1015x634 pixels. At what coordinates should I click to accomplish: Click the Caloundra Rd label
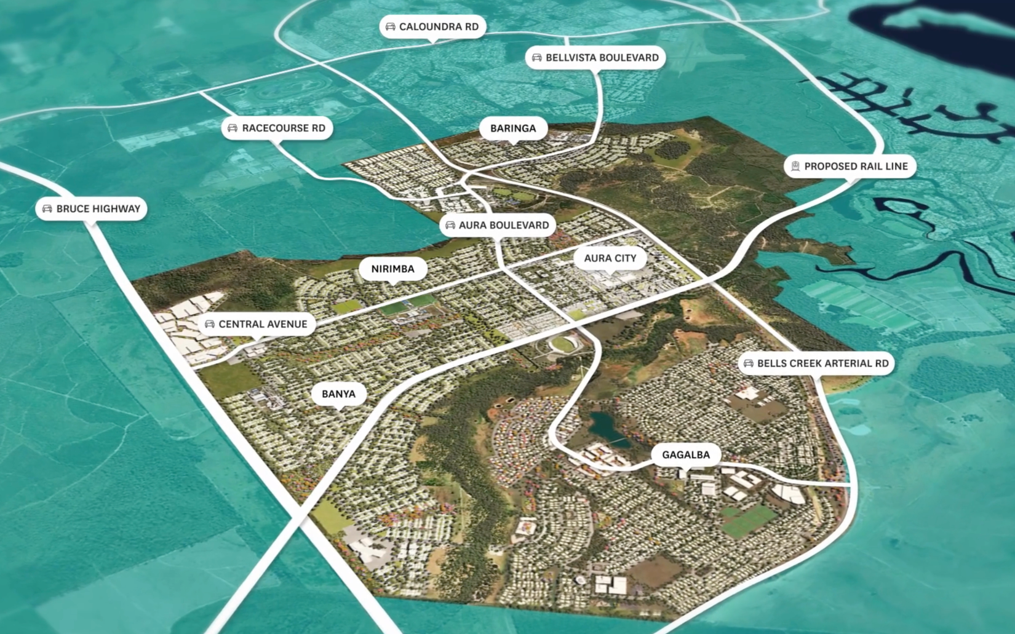(x=432, y=26)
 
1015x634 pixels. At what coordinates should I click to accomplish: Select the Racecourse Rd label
(x=277, y=128)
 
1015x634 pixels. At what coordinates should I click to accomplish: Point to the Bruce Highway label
(x=91, y=208)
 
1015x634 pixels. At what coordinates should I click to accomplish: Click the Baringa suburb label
(x=512, y=128)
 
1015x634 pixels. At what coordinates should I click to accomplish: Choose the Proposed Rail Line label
(x=850, y=166)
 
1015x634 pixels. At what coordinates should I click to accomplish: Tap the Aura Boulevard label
(x=497, y=225)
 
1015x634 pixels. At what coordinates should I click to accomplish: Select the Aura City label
(x=610, y=258)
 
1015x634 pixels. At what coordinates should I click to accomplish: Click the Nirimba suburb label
(x=392, y=269)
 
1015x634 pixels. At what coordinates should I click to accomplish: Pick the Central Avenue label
(x=257, y=324)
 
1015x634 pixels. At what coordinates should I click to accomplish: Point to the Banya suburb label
(x=338, y=394)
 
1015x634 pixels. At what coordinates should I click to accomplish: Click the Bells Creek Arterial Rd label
(x=816, y=363)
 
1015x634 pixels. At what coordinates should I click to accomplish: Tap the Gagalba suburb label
(x=685, y=454)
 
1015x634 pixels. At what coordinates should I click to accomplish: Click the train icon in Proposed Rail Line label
(x=795, y=166)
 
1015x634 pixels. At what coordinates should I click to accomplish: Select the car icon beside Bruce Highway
(x=47, y=208)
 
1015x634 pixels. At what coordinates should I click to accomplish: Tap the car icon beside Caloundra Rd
(x=390, y=26)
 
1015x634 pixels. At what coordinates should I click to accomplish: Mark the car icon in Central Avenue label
(x=209, y=324)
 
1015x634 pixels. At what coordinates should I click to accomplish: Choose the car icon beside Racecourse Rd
(x=233, y=128)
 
